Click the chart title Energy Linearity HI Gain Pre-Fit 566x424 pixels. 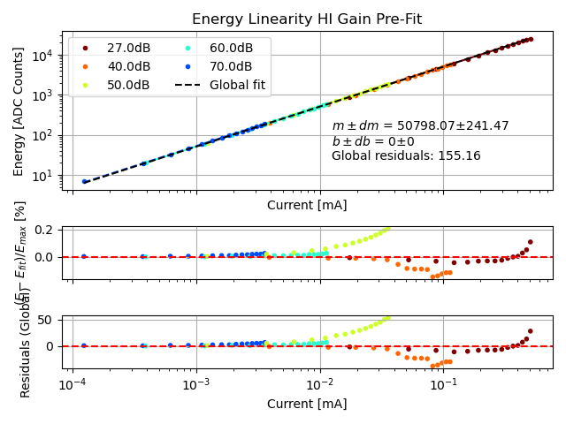pyautogui.click(x=307, y=19)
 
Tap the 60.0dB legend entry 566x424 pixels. pyautogui.click(x=231, y=48)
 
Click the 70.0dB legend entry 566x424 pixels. pyautogui.click(x=231, y=66)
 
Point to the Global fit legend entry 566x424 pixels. pyautogui.click(x=237, y=85)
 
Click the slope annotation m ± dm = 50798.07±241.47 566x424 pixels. pyautogui.click(x=420, y=126)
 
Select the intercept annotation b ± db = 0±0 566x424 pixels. pyautogui.click(x=372, y=141)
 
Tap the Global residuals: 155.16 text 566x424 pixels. pyautogui.click(x=406, y=156)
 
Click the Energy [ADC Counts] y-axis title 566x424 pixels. pyautogui.click(x=19, y=111)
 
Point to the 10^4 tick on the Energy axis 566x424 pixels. pyautogui.click(x=42, y=55)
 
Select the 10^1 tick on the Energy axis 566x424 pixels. pyautogui.click(x=42, y=177)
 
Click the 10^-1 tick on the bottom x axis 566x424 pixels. pyautogui.click(x=443, y=386)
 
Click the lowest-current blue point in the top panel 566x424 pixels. pyautogui.click(x=84, y=182)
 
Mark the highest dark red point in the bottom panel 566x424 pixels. pyautogui.click(x=531, y=331)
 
